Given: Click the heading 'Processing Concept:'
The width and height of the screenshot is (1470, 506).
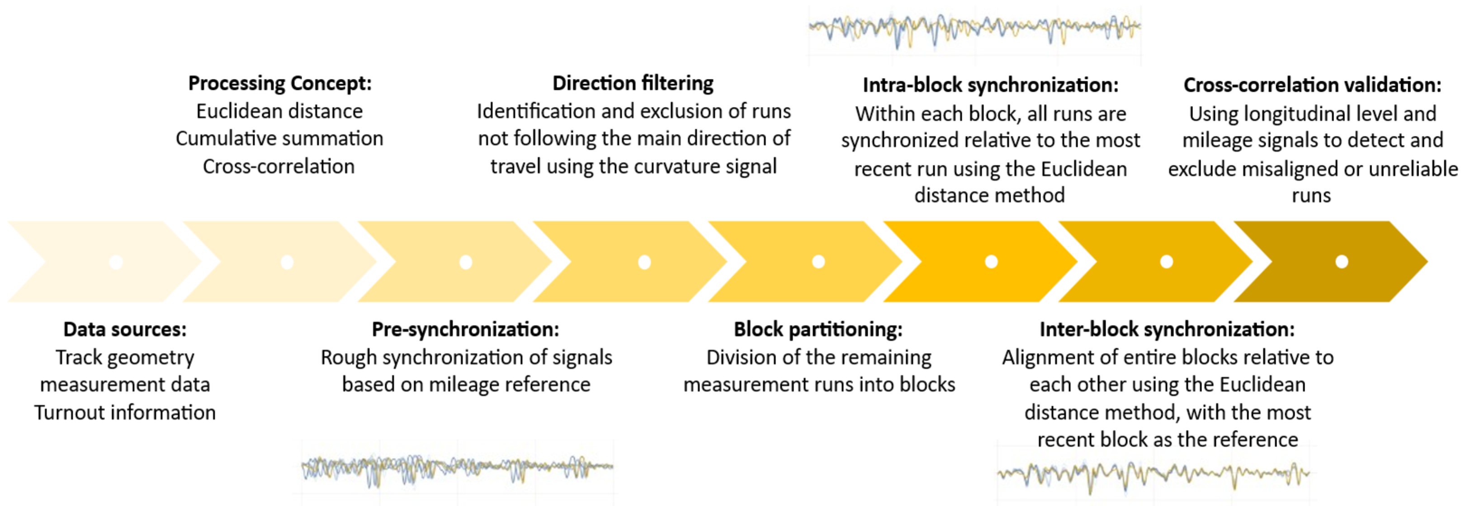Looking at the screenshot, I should coord(279,83).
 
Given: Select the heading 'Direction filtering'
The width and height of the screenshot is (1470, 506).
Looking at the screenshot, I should coord(633,83).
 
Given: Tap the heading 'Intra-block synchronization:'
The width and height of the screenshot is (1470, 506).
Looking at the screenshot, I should coord(990,85).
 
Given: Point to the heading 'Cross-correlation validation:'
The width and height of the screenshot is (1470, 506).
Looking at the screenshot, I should coord(1312,85).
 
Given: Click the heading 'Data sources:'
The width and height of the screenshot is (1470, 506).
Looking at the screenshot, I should coord(125,329).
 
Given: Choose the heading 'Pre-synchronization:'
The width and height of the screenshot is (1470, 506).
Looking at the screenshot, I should coord(465,329).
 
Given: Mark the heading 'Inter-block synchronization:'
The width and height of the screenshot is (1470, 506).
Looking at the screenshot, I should coord(1167,329).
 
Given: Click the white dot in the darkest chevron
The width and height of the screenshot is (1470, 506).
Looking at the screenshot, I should coord(1342,262).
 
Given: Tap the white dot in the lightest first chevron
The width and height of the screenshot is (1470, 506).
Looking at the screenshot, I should coord(116,262).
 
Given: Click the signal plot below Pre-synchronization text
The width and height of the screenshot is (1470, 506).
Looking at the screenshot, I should coord(457,469).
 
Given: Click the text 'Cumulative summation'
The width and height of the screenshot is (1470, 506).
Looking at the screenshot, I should coord(279,139).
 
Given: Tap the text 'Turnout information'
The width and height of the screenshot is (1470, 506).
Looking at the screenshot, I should coord(125,412).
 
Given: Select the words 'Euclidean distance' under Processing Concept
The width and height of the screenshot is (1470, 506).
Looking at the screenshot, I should coord(279,111).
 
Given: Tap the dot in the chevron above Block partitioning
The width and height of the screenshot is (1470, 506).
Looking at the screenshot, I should coord(818,262).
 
